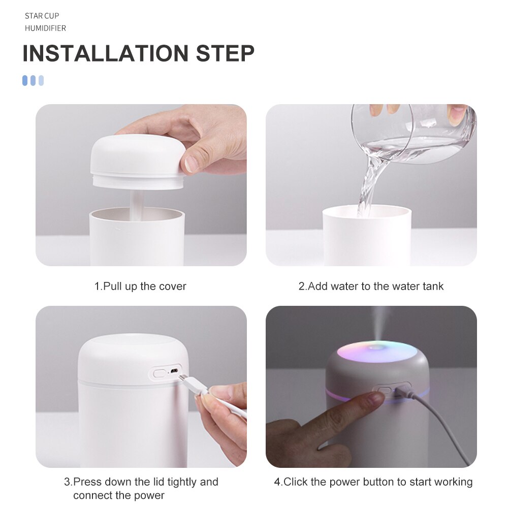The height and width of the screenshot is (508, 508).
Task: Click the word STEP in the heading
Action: pos(226,54)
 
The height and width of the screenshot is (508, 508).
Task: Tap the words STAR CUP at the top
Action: pos(42,16)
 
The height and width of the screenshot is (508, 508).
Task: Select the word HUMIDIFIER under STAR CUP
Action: pos(45,28)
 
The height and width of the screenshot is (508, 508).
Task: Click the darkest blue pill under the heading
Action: pos(25,80)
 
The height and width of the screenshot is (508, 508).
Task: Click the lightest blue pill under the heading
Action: pos(41,80)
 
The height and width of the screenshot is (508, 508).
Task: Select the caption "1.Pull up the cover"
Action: pos(140,287)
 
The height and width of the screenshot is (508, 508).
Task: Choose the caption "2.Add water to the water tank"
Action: pos(371,287)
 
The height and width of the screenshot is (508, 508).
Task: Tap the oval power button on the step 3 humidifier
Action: pos(160,373)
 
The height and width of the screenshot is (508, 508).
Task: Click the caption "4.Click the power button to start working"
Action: pos(373,482)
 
